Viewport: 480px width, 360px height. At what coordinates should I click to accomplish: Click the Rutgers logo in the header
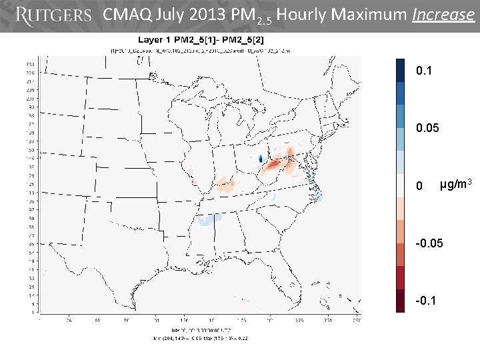(53, 15)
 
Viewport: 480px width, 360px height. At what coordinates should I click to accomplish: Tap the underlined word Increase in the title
(443, 15)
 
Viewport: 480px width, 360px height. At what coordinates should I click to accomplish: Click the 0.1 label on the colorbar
(425, 70)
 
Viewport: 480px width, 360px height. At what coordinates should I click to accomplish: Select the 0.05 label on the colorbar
(427, 127)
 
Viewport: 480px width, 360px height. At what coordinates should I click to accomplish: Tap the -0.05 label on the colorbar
(429, 243)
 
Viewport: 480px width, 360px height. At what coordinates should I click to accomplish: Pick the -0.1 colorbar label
(426, 300)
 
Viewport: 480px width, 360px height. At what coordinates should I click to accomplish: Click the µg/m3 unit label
(457, 183)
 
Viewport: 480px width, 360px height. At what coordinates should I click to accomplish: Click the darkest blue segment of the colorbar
(400, 69)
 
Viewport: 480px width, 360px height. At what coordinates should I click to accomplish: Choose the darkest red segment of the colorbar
(400, 301)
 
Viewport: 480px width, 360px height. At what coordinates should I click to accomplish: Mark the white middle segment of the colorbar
(400, 185)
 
